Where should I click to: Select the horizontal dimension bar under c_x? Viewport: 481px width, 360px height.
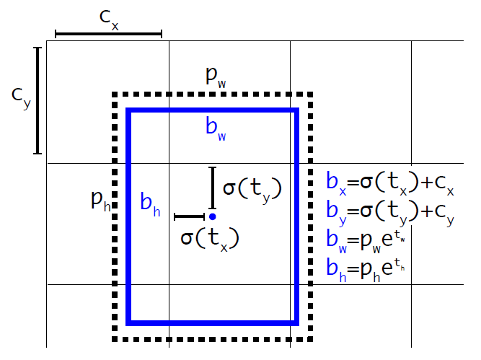[x=108, y=34]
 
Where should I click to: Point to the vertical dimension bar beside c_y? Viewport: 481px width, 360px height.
[x=37, y=101]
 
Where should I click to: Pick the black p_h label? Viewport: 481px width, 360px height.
[x=101, y=200]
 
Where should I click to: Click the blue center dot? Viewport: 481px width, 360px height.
[x=212, y=216]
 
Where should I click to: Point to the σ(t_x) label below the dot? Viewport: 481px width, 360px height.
[x=209, y=237]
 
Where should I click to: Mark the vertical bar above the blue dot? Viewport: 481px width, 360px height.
[x=212, y=188]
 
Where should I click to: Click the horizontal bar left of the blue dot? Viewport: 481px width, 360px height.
[x=190, y=216]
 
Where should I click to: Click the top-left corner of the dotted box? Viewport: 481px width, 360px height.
[x=115, y=95]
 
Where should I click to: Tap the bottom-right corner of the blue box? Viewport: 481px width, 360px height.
[x=296, y=322]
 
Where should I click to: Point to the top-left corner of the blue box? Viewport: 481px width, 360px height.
[x=129, y=110]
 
